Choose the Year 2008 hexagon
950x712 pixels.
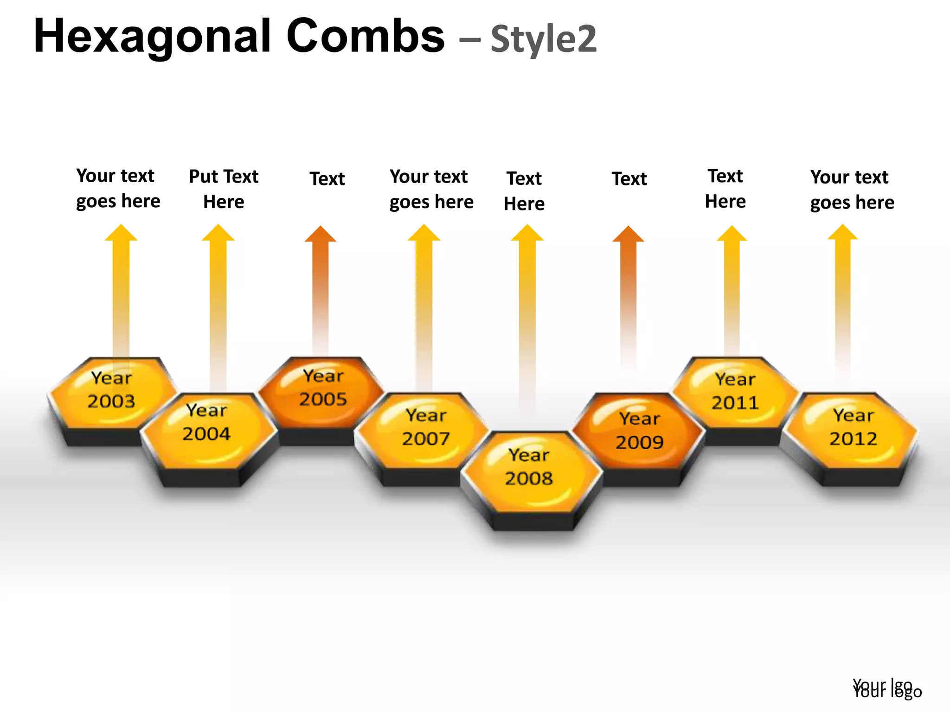(530, 468)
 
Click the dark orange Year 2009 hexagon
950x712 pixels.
(639, 431)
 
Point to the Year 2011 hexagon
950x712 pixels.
(735, 392)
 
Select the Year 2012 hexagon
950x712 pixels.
(853, 429)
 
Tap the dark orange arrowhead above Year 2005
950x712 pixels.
(320, 235)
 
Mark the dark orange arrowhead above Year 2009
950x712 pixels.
(628, 235)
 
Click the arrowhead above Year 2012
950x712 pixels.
(843, 233)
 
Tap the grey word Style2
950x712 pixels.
(544, 39)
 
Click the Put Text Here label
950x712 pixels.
(224, 189)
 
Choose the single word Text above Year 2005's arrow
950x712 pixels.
(327, 179)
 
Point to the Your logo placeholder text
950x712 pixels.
(887, 689)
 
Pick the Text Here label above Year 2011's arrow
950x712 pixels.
(725, 189)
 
